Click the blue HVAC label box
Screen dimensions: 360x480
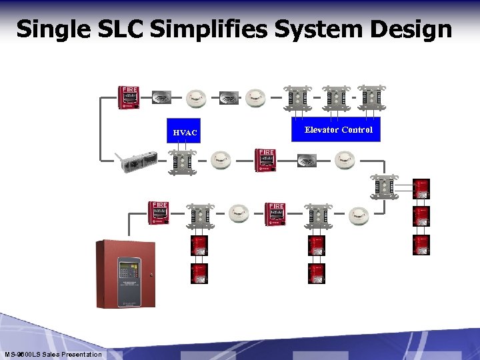(x=185, y=133)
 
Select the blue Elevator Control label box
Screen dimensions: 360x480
(x=338, y=130)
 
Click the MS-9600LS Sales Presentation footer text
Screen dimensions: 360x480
(x=53, y=354)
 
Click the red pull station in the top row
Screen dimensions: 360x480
(x=129, y=97)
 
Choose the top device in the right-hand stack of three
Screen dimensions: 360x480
(x=421, y=188)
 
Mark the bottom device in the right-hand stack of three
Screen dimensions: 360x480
(x=421, y=244)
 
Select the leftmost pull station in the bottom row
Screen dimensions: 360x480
(x=159, y=213)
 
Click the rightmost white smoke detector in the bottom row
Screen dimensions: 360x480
(x=357, y=214)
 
